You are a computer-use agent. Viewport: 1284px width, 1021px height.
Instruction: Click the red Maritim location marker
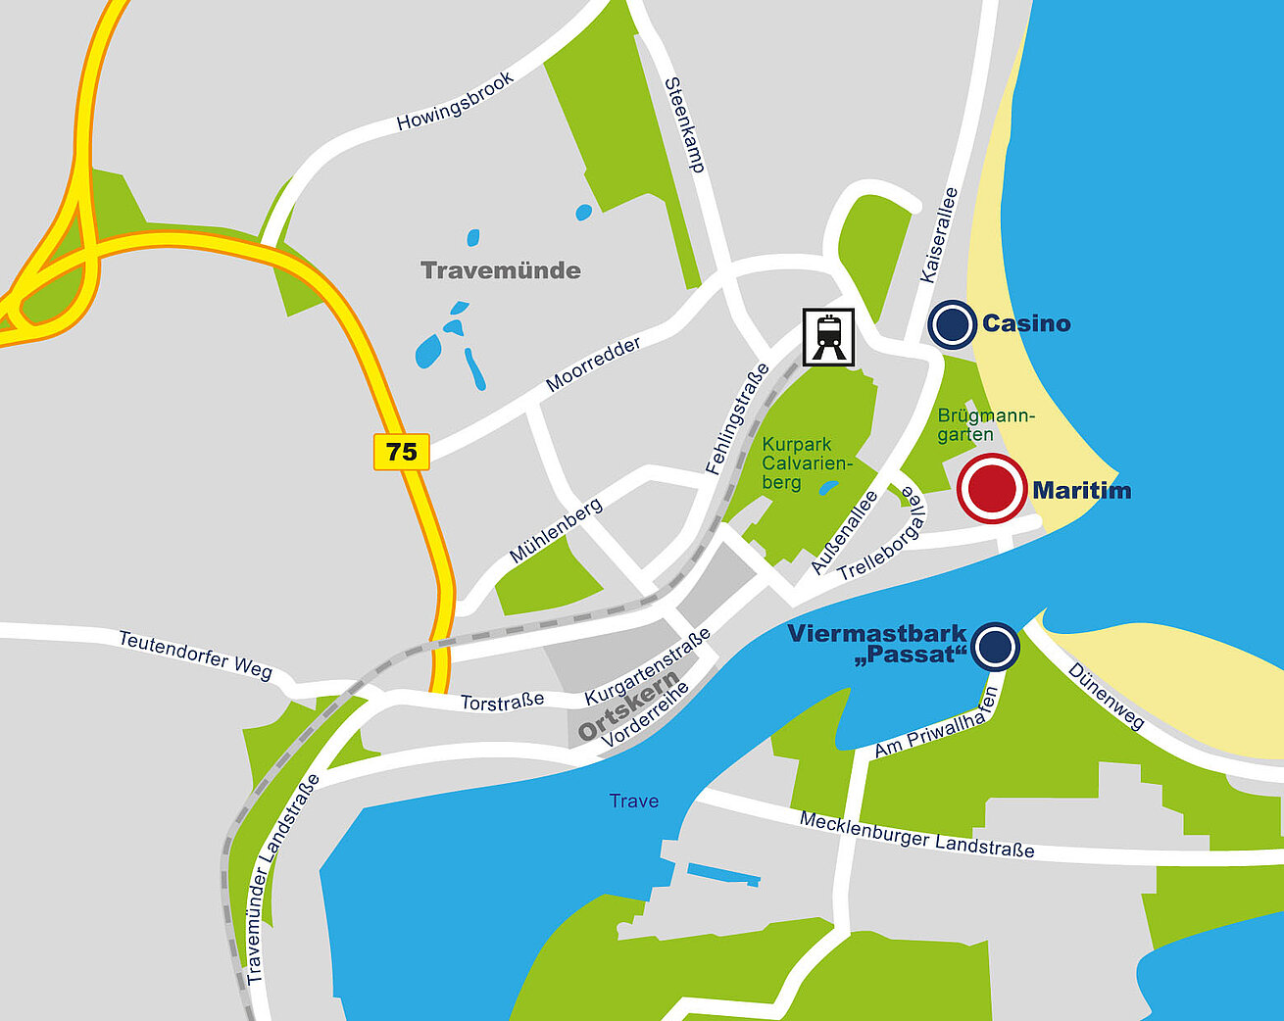tap(992, 488)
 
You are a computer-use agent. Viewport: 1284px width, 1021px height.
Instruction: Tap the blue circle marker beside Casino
tap(952, 324)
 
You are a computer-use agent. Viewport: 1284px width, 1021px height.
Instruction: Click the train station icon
tap(829, 337)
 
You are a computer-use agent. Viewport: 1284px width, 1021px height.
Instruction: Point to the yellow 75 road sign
tap(402, 452)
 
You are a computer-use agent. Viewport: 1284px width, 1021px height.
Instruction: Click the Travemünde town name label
tap(500, 270)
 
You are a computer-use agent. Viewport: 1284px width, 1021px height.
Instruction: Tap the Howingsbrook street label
tap(455, 102)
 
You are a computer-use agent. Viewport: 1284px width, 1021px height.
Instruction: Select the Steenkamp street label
tap(685, 124)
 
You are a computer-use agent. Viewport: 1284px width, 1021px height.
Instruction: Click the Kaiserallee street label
tap(938, 235)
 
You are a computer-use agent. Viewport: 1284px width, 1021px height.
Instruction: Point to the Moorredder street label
tap(593, 364)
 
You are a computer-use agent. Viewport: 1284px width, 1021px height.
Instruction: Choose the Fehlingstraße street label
tap(738, 418)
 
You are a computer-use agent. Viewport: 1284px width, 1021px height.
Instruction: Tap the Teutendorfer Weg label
tap(195, 654)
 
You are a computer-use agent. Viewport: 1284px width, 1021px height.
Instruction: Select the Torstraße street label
tap(502, 703)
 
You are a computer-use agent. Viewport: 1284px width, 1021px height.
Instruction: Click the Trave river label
tap(634, 801)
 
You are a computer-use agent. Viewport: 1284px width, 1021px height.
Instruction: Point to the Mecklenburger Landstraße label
tap(916, 835)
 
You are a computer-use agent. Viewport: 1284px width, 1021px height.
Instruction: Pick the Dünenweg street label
tap(1106, 697)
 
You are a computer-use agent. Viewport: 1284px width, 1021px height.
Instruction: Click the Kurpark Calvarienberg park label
tap(807, 463)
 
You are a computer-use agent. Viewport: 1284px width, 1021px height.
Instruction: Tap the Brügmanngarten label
tap(984, 424)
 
